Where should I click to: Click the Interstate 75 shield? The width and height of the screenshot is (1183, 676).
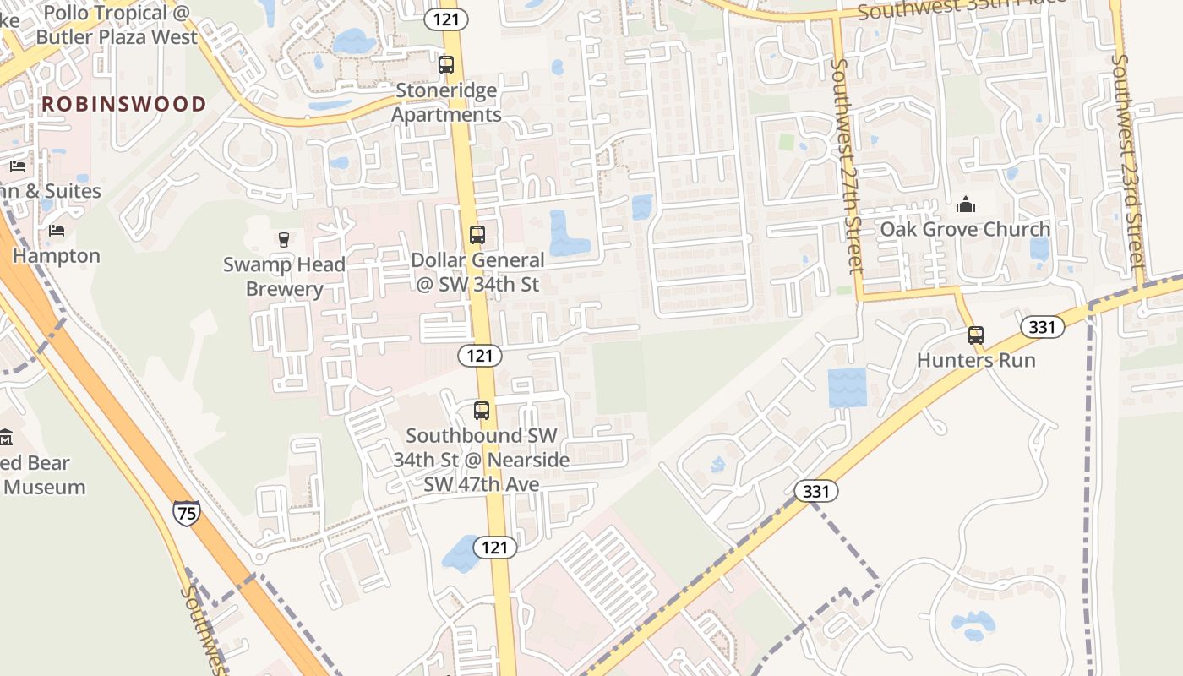tap(187, 513)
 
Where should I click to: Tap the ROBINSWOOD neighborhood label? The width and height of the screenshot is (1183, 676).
tap(124, 104)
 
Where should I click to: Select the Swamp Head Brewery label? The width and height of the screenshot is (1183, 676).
tap(285, 276)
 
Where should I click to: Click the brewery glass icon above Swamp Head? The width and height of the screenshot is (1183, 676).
tap(284, 240)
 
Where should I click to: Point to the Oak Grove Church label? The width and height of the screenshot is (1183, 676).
tap(965, 229)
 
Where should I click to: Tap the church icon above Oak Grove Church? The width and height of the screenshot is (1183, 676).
tap(965, 204)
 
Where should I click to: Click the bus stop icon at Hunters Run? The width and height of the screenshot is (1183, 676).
tap(976, 335)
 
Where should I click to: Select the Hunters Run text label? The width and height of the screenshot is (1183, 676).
tap(976, 360)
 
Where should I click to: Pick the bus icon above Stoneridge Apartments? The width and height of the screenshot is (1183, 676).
tap(446, 64)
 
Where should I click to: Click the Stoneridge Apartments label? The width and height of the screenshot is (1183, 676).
tap(446, 102)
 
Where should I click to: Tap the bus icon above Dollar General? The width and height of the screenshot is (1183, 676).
tap(477, 235)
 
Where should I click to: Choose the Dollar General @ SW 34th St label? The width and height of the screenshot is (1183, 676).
tap(477, 272)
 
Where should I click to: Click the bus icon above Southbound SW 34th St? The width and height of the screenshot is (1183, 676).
tap(482, 411)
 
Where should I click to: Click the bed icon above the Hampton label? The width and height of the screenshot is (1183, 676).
tap(57, 230)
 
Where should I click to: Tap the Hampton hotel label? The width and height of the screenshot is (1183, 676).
tap(57, 255)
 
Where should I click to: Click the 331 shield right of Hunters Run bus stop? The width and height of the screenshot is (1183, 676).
tap(1043, 327)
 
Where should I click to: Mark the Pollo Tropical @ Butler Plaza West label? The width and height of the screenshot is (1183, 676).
tap(117, 25)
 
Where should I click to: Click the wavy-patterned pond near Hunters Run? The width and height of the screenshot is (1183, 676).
tap(848, 388)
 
